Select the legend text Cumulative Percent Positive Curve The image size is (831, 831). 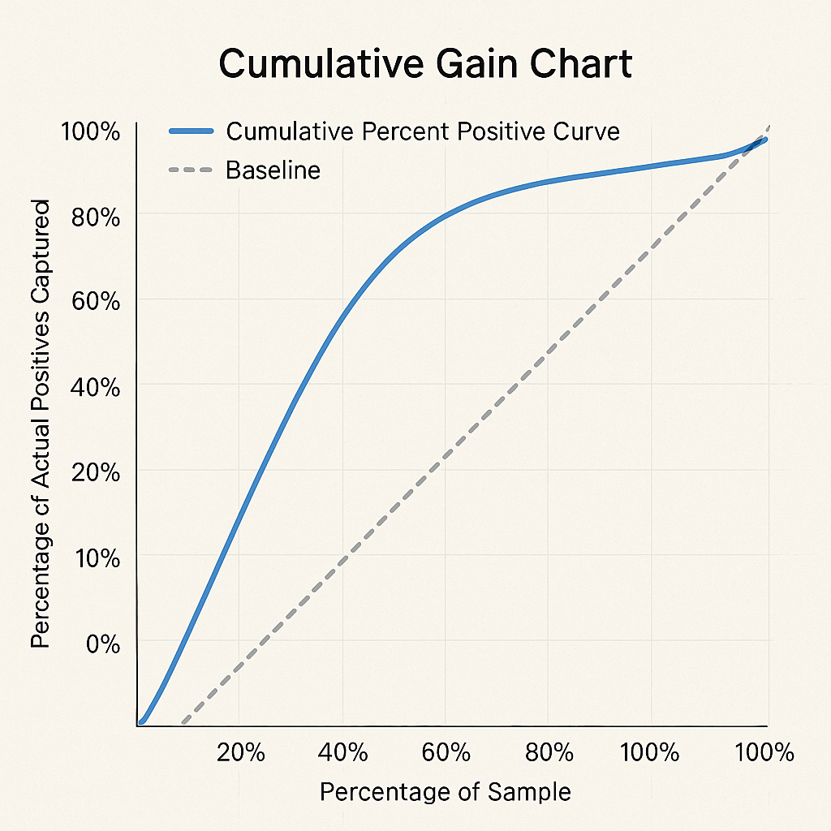pos(423,131)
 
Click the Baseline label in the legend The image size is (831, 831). pos(273,170)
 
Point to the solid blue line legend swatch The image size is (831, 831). pos(191,131)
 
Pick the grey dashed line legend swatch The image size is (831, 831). pos(191,170)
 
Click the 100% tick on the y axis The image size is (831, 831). pos(90,131)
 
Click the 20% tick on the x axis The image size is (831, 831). pos(241,752)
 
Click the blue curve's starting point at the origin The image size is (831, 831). pos(141,721)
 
